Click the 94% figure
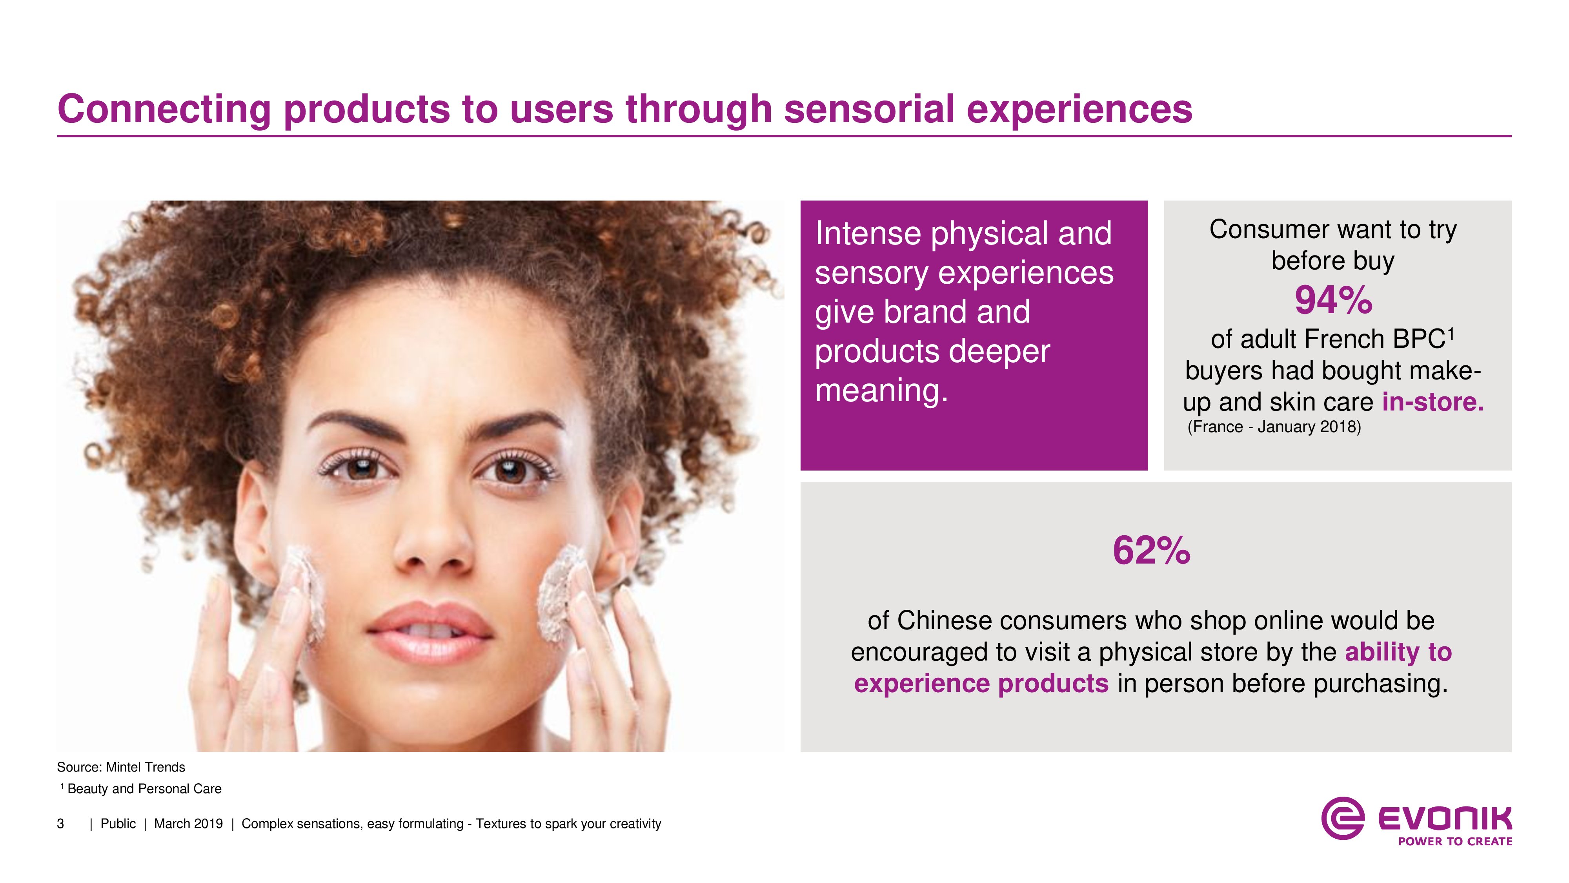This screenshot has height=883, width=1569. pos(1333,301)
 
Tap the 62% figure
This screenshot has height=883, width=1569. pos(1151,551)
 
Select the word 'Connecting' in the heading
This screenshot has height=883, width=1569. pos(164,110)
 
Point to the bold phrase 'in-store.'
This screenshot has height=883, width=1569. pos(1432,401)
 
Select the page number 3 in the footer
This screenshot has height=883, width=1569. pos(60,824)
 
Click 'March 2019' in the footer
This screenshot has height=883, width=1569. pos(188,824)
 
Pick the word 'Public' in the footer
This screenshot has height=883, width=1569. pos(118,824)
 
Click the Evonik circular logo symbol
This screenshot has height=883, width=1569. pos(1342,818)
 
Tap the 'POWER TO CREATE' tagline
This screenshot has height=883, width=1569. pos(1455,841)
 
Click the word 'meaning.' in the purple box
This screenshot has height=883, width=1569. pos(881,390)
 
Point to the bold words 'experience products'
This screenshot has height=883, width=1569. pos(981,684)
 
